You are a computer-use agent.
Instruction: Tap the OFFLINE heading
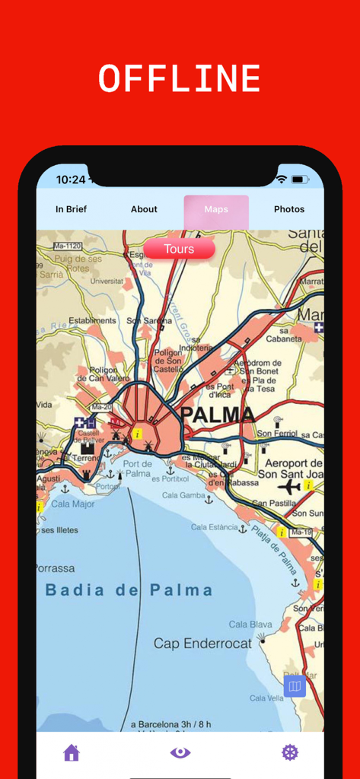pos(180,79)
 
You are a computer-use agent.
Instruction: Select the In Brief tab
pos(71,209)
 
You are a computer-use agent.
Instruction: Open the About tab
pos(144,209)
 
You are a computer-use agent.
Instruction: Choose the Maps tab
pos(216,209)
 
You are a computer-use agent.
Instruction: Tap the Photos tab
pos(288,209)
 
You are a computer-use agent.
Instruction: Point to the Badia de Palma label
pos(128,590)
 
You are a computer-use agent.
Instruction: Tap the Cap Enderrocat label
pos(202,644)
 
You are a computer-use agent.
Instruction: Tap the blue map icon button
pos(295,686)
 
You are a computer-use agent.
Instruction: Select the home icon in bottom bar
pos(72,753)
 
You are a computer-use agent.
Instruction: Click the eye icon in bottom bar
pos(180,753)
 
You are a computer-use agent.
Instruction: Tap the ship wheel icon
pos(290,753)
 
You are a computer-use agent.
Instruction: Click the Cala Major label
pos(73,504)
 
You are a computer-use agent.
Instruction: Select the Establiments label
pos(92,321)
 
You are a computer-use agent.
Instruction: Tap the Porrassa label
pos(56,568)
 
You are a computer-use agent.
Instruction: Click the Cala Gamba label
pos(183,496)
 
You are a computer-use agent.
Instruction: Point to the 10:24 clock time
pos(71,180)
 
